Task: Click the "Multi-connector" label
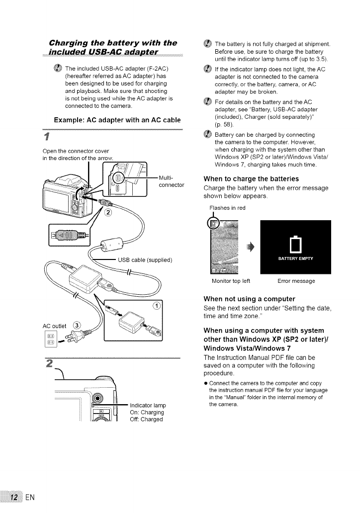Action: [171, 182]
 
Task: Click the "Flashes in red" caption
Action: [228, 208]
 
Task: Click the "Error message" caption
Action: [296, 281]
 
